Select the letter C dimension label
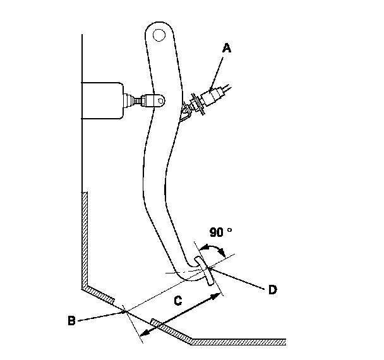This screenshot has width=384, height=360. click(x=178, y=302)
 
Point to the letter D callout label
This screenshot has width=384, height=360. click(x=272, y=290)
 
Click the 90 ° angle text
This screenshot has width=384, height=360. click(x=220, y=232)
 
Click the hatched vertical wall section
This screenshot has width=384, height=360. click(x=85, y=240)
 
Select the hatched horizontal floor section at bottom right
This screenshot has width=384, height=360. click(x=240, y=342)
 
